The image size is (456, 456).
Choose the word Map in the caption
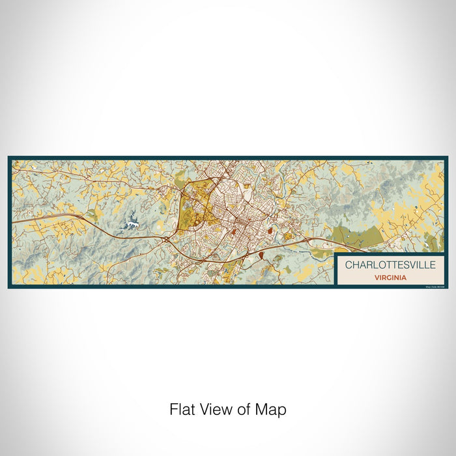coord(270,410)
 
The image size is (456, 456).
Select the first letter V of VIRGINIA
coord(376,277)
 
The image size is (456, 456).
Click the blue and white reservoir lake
coord(132,223)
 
